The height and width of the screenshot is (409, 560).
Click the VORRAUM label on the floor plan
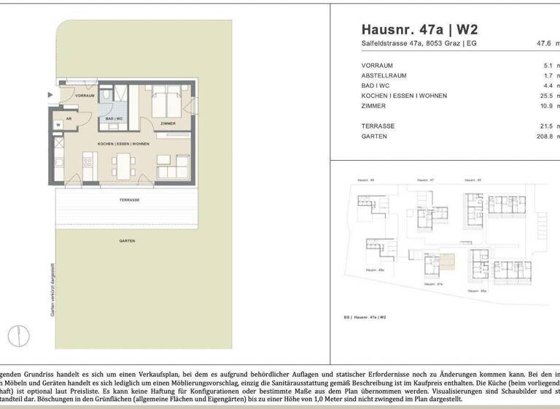(85, 96)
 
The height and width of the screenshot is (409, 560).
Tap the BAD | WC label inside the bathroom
(113, 118)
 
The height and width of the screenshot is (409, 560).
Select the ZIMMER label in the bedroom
(168, 123)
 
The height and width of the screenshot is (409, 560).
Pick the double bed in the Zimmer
(166, 102)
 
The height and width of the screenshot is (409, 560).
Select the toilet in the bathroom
(106, 94)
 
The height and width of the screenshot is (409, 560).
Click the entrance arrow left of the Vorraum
(50, 94)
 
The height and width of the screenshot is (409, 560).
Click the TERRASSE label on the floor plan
(129, 199)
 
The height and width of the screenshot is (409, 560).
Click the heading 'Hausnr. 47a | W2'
(419, 30)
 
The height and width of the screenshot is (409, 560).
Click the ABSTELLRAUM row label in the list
(384, 75)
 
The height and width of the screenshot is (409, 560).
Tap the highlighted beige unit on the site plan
(446, 261)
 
